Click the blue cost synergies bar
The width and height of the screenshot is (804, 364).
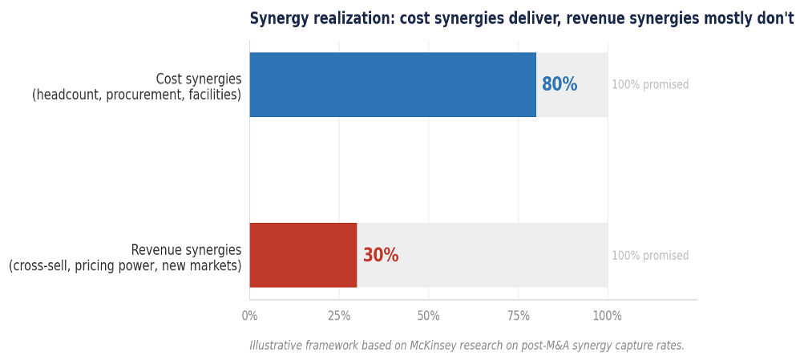point(393,85)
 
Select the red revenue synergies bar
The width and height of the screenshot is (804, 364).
point(303,255)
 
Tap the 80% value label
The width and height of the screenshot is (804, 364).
point(559,85)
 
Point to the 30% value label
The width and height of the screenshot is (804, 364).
point(380,256)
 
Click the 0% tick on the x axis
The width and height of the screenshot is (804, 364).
point(249,316)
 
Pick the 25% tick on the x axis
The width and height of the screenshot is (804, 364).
point(339,316)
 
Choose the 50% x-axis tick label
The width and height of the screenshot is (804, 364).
point(428,316)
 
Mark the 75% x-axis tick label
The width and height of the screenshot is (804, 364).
point(518,316)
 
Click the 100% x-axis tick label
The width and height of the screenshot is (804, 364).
point(607,316)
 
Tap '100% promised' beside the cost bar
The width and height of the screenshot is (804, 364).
point(650,85)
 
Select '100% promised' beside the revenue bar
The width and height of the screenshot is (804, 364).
point(650,256)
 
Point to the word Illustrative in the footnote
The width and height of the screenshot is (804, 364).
point(275,346)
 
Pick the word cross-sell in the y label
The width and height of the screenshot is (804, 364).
point(42,265)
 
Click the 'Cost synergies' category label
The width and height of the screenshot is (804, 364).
point(198,79)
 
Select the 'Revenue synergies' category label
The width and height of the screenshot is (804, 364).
point(186,249)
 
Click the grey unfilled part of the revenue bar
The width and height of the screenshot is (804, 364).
point(481,255)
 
